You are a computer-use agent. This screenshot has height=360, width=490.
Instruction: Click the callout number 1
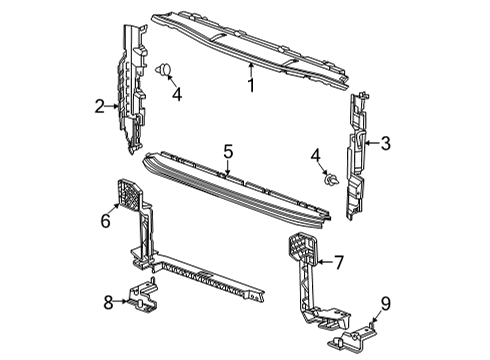click(252, 87)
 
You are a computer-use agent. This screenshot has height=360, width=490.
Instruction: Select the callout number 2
click(100, 105)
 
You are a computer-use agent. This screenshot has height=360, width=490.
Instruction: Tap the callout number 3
click(385, 143)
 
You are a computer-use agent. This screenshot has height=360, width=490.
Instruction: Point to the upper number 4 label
click(176, 95)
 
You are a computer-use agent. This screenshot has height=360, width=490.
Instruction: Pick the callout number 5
click(228, 152)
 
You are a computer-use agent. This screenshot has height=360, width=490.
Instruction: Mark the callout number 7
click(339, 263)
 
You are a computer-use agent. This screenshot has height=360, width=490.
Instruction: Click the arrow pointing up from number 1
click(250, 70)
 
